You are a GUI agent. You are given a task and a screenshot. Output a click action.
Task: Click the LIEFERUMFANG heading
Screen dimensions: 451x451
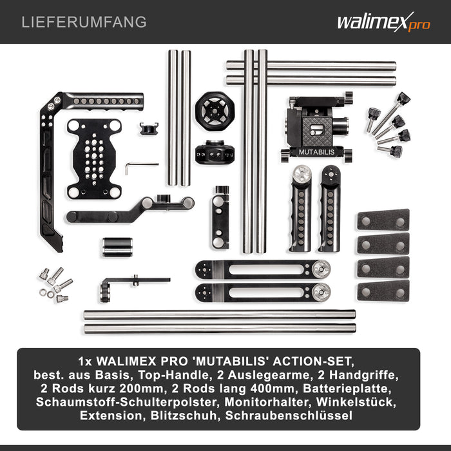(x=84, y=22)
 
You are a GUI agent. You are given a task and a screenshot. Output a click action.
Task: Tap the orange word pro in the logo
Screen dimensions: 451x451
(x=419, y=25)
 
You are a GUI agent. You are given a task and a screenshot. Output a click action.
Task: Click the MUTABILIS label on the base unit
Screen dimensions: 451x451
(x=317, y=152)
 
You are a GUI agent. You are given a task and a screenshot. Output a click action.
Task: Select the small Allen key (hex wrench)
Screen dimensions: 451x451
(x=142, y=168)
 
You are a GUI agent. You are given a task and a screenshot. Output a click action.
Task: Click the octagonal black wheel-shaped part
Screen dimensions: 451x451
(x=215, y=111)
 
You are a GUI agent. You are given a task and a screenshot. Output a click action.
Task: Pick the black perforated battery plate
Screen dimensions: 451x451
(x=94, y=158)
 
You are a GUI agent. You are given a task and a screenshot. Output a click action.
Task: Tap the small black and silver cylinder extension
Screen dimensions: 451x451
(x=117, y=247)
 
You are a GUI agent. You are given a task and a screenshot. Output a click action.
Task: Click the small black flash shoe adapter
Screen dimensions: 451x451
(x=149, y=129)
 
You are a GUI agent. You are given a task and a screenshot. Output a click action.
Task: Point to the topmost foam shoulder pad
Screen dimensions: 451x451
(x=383, y=220)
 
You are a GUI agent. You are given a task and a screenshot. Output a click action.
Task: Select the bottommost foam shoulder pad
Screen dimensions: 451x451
(x=383, y=291)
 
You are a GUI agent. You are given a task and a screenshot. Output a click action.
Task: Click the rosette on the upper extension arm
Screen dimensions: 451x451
(x=321, y=269)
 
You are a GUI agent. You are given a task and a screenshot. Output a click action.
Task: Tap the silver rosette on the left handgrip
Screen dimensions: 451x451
(x=302, y=174)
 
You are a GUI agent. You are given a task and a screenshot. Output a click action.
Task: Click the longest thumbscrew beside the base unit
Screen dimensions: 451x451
(x=391, y=113)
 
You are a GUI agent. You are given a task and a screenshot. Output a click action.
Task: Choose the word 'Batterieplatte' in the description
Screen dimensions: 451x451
(x=347, y=389)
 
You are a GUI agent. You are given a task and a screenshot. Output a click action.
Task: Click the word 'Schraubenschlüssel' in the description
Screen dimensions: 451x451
(x=289, y=416)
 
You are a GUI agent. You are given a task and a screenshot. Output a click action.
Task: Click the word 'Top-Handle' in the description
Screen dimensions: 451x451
(x=173, y=375)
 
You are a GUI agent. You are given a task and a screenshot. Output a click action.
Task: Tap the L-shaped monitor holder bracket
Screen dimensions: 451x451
(x=135, y=287)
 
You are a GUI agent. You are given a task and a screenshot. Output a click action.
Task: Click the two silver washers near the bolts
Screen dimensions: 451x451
(x=47, y=294)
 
